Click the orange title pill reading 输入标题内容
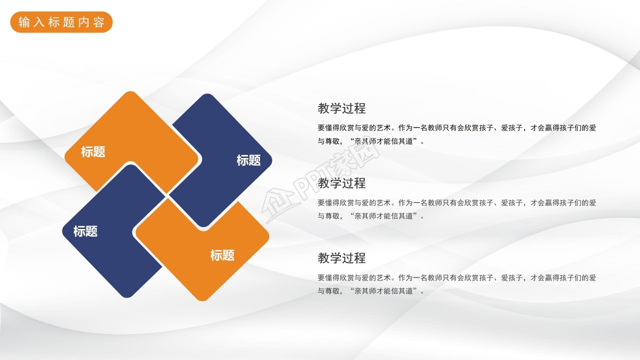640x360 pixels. tap(61, 22)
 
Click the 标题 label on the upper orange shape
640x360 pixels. tap(93, 151)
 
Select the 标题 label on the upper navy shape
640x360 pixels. tap(248, 160)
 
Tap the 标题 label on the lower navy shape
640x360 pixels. tap(85, 231)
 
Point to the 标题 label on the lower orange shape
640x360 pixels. tap(222, 255)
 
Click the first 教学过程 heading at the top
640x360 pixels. tap(341, 108)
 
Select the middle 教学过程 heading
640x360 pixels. tap(341, 183)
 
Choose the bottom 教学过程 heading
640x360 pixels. tap(341, 258)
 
